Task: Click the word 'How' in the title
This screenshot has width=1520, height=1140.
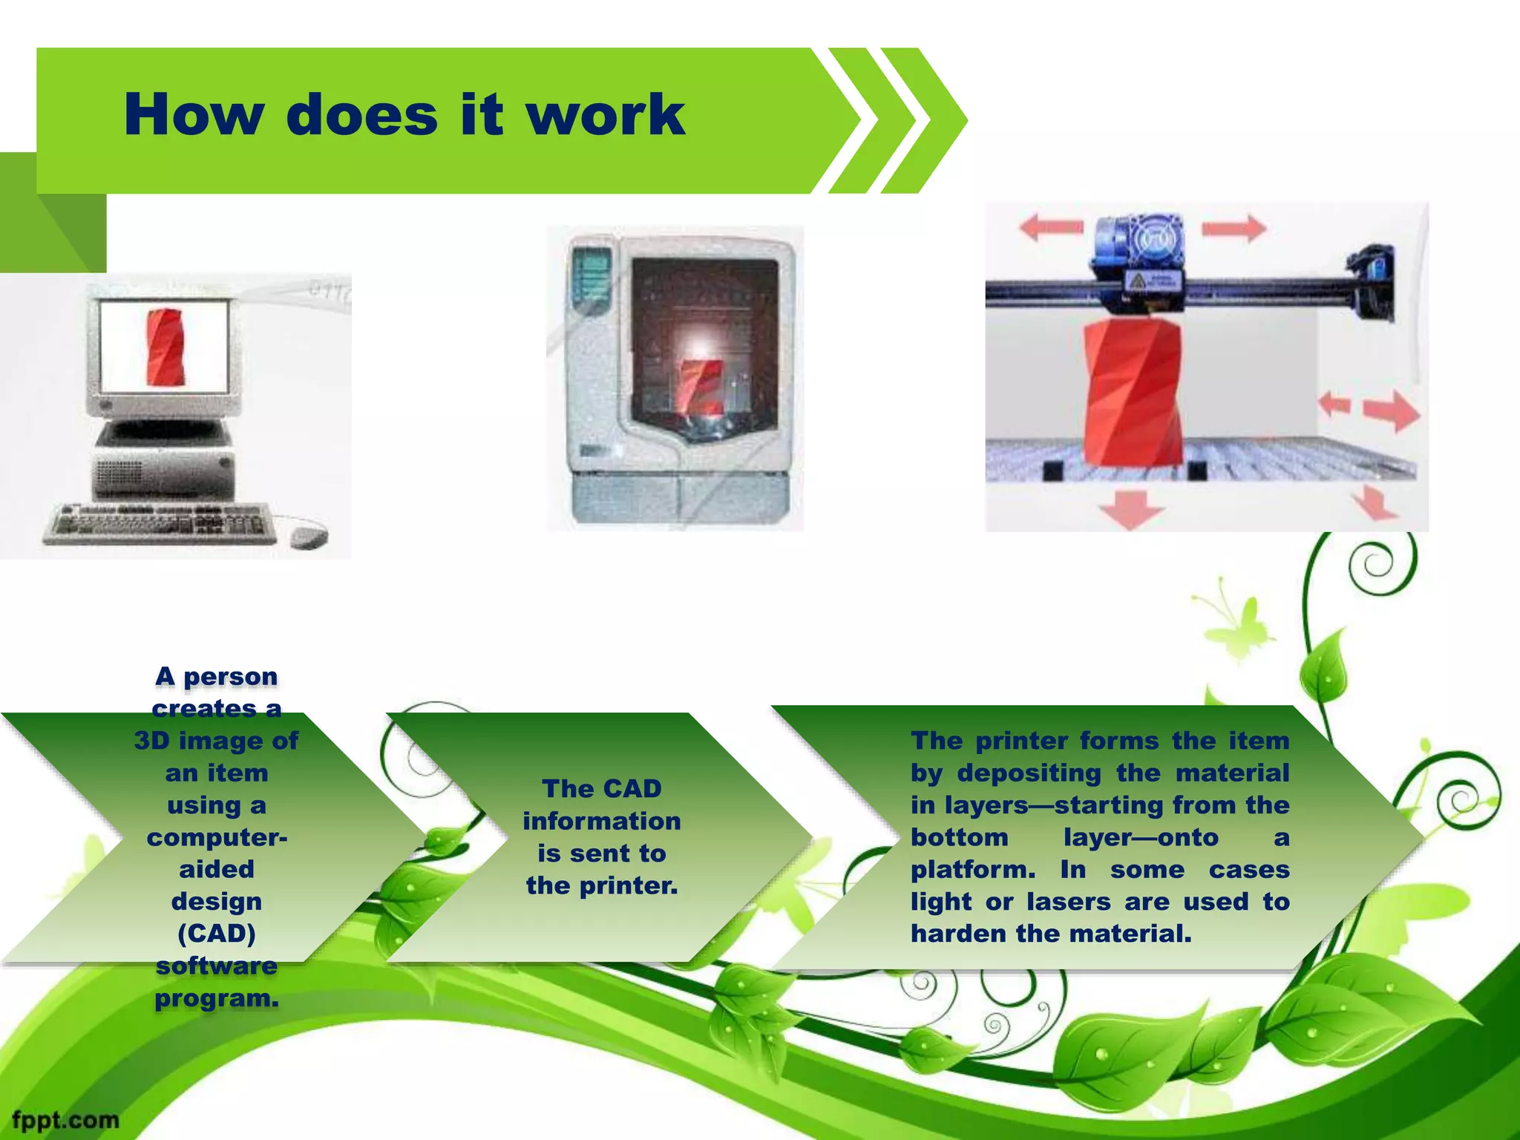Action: pos(194,116)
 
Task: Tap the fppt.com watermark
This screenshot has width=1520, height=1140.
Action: pos(65,1119)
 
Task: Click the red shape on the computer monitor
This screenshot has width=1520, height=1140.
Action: pos(165,347)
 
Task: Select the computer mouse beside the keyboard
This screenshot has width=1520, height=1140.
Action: pos(308,535)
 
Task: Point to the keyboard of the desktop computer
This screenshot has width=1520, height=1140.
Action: pos(160,523)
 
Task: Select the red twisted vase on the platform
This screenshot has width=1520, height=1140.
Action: pos(1132,393)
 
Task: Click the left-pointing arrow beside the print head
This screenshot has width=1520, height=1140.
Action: pos(1051,227)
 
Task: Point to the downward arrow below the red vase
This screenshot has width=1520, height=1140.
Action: pos(1130,508)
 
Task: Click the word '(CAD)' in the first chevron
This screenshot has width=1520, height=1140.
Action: pos(217,933)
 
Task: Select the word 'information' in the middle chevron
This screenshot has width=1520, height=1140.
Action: pos(601,821)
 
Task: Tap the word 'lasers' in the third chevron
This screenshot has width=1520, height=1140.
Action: pos(1069,902)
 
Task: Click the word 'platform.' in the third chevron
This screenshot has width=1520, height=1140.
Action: pos(973,869)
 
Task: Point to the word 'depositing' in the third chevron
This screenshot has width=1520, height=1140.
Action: pos(1029,773)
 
